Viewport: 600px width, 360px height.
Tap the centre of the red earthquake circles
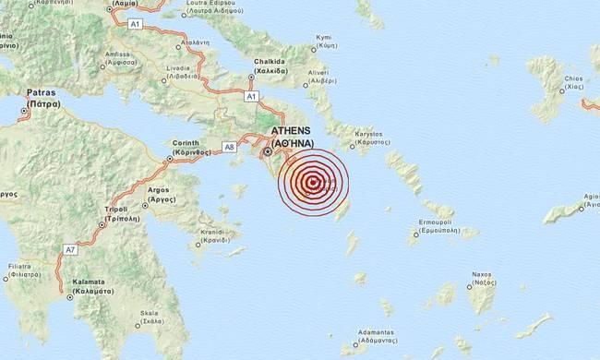pyautogui.click(x=314, y=182)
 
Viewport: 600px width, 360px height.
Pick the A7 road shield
pyautogui.click(x=69, y=248)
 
